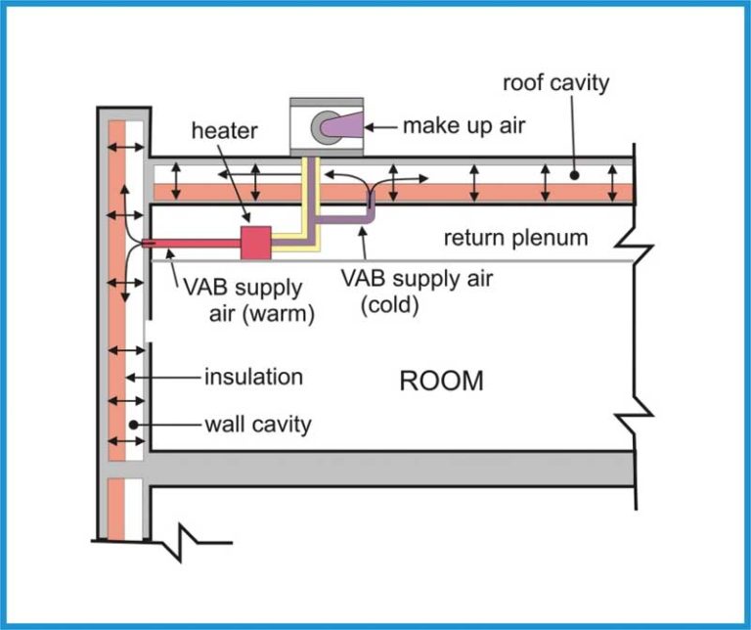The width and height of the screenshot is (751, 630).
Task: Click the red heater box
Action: pos(255,242)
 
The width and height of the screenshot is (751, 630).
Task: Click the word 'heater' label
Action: pos(225,131)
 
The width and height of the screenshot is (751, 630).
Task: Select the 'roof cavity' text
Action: pos(555,82)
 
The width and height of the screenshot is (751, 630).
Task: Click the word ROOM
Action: pos(441,381)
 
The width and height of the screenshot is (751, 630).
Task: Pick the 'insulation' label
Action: pos(253,377)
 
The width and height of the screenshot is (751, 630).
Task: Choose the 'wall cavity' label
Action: pos(257,425)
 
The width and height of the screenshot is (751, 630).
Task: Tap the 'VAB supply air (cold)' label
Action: pos(417,291)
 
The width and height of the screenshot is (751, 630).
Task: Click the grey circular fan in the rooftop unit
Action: pos(324,124)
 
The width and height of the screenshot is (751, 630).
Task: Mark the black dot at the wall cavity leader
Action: pos(128,425)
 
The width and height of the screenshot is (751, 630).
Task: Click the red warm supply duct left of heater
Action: pos(192,243)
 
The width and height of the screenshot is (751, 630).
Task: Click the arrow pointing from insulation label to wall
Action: pos(166,377)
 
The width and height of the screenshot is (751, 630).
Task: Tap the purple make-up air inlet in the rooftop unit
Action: pos(345,124)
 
